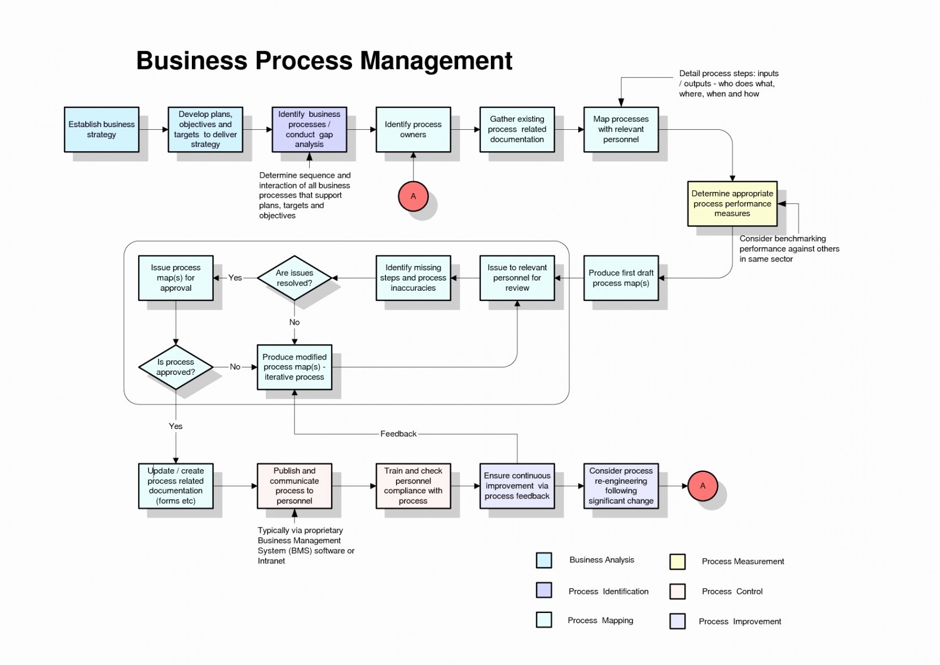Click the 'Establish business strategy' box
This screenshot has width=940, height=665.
coord(102,129)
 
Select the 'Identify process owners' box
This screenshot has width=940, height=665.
coord(414,129)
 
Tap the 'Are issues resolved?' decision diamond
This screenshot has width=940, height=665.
coord(295,278)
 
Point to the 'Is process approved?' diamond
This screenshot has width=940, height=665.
coord(176,367)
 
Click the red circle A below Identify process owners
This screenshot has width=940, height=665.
coord(414,196)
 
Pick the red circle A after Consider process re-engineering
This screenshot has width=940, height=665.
coord(703,485)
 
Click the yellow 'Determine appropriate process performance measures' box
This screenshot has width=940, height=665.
coord(732,204)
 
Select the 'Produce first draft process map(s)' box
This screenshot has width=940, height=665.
coord(621,278)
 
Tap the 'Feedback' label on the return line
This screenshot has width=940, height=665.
coord(398,434)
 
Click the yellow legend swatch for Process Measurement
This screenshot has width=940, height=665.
coord(677,561)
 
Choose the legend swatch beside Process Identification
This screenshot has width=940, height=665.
coord(544,590)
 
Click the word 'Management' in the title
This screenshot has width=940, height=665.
coord(436,61)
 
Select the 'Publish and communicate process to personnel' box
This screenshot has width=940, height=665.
coord(295,485)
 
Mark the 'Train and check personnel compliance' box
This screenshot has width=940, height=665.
coord(414,485)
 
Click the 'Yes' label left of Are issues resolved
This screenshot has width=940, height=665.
coord(235,278)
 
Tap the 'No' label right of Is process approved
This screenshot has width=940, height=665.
coord(235,367)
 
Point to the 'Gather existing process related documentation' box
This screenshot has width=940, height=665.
coord(517,129)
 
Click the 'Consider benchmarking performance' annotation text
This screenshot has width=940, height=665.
coord(789,248)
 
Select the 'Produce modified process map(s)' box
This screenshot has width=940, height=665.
coord(295,368)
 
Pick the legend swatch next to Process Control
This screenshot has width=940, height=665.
coord(677,592)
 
